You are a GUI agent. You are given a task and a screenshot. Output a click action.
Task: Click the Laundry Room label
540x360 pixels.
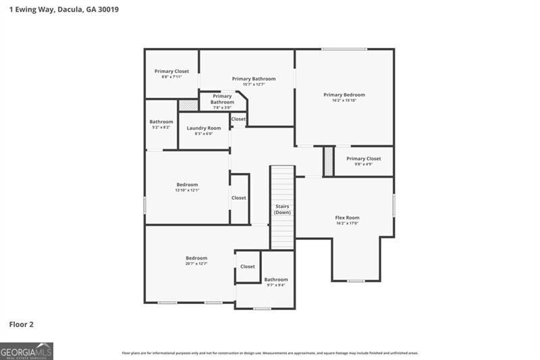[x=204, y=128]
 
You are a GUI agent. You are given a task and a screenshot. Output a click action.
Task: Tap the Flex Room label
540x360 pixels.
[x=347, y=217]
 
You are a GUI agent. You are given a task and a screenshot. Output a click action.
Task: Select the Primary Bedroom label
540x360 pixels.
[x=344, y=95]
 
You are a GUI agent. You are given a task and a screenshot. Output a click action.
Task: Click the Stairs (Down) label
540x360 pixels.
[x=282, y=209]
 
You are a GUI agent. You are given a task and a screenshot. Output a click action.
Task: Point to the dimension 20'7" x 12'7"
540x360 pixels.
[x=196, y=263]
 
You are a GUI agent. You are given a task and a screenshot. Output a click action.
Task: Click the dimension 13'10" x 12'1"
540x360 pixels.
[x=187, y=190]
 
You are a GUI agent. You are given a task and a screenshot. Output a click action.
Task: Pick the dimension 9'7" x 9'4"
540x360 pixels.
[x=275, y=285]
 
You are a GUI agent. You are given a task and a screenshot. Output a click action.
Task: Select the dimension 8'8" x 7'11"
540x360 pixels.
[x=171, y=77]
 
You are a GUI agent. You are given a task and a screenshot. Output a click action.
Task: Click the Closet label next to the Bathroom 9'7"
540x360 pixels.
[x=248, y=266]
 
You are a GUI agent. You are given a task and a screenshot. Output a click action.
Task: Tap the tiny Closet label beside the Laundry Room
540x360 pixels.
[x=238, y=119]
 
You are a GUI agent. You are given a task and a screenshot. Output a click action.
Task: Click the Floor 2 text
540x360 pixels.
[x=21, y=324]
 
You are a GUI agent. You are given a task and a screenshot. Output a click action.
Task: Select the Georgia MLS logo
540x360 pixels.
[x=27, y=351]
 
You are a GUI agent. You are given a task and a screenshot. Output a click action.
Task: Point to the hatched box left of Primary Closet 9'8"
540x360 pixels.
[x=328, y=161]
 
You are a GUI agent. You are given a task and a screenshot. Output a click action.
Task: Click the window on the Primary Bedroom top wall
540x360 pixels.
[x=344, y=49]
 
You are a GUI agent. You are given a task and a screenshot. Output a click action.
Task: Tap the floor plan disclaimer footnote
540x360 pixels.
[x=270, y=353]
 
